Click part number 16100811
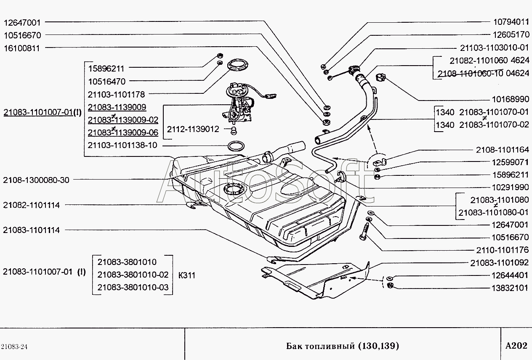click(21, 48)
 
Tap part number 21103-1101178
click(116, 95)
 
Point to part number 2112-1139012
click(193, 129)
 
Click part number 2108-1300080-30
click(36, 180)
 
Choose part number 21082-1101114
click(31, 205)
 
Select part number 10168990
click(511, 100)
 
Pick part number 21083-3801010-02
click(133, 275)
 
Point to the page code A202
click(516, 346)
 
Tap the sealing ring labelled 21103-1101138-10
click(236, 146)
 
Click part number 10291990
click(511, 187)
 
